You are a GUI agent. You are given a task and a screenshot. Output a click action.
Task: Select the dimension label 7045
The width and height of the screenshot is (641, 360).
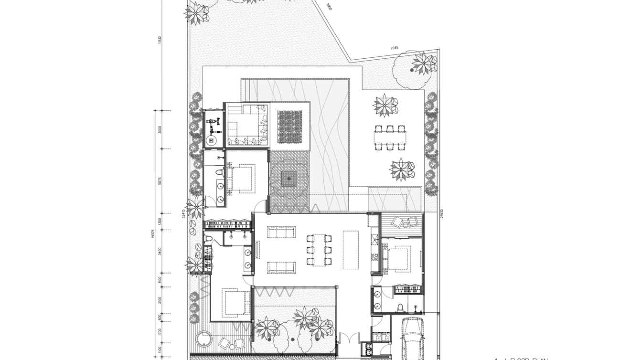(394, 48)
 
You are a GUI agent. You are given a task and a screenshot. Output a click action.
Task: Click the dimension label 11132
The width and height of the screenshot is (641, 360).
(160, 40)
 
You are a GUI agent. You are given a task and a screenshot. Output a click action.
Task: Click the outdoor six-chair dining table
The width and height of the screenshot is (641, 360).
(390, 138)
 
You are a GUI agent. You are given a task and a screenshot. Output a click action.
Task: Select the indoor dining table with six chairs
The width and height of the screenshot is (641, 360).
(318, 250)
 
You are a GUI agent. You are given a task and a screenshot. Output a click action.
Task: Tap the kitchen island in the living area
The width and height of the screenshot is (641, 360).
(350, 250)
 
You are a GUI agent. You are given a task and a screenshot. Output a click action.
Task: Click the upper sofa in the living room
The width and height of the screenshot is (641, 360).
(281, 233)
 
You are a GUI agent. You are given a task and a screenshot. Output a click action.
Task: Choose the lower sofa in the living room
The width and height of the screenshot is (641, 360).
(281, 267)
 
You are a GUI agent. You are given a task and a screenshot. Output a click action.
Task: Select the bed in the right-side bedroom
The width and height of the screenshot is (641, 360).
(399, 258)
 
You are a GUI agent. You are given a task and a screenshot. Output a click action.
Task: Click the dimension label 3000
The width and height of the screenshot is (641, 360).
(160, 130)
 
